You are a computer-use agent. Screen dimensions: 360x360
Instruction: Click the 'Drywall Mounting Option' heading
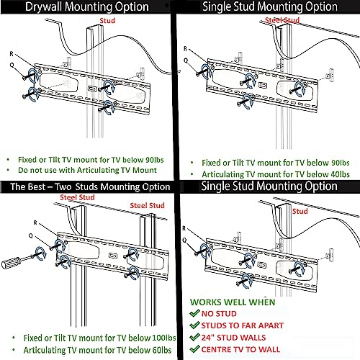(x=87, y=6)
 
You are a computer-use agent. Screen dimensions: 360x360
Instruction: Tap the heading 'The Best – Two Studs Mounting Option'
(x=90, y=186)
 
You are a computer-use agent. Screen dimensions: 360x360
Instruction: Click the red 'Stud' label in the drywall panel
(x=107, y=21)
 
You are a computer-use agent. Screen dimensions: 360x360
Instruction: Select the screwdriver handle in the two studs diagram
(x=11, y=262)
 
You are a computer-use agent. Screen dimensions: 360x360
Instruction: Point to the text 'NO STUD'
(x=219, y=314)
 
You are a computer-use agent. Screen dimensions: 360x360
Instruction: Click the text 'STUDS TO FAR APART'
(x=243, y=325)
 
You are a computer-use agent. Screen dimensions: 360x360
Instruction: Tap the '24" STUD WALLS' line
(x=233, y=338)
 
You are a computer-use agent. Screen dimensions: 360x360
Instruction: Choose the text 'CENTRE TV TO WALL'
(x=240, y=349)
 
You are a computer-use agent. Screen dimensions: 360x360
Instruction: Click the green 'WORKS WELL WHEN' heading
(x=233, y=302)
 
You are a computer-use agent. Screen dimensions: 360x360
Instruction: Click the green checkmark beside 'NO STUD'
(x=194, y=313)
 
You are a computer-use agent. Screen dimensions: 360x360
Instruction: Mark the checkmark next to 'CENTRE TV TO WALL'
(x=194, y=348)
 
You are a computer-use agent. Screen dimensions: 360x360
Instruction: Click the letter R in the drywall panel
(x=12, y=54)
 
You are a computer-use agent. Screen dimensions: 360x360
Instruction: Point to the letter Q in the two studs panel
(x=31, y=235)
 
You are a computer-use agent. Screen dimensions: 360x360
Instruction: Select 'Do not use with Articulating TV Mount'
(x=87, y=170)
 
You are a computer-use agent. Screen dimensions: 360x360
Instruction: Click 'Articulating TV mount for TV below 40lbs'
(x=276, y=174)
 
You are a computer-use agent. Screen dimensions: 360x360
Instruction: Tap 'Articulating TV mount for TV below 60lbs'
(x=97, y=350)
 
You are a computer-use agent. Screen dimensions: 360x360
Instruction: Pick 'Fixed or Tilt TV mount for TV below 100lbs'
(x=99, y=338)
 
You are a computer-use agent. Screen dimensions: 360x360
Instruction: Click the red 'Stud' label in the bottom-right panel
(x=300, y=212)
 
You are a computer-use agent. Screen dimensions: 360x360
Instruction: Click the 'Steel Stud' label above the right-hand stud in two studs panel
(x=147, y=205)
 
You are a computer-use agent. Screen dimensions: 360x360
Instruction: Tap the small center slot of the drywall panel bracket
(x=92, y=89)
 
